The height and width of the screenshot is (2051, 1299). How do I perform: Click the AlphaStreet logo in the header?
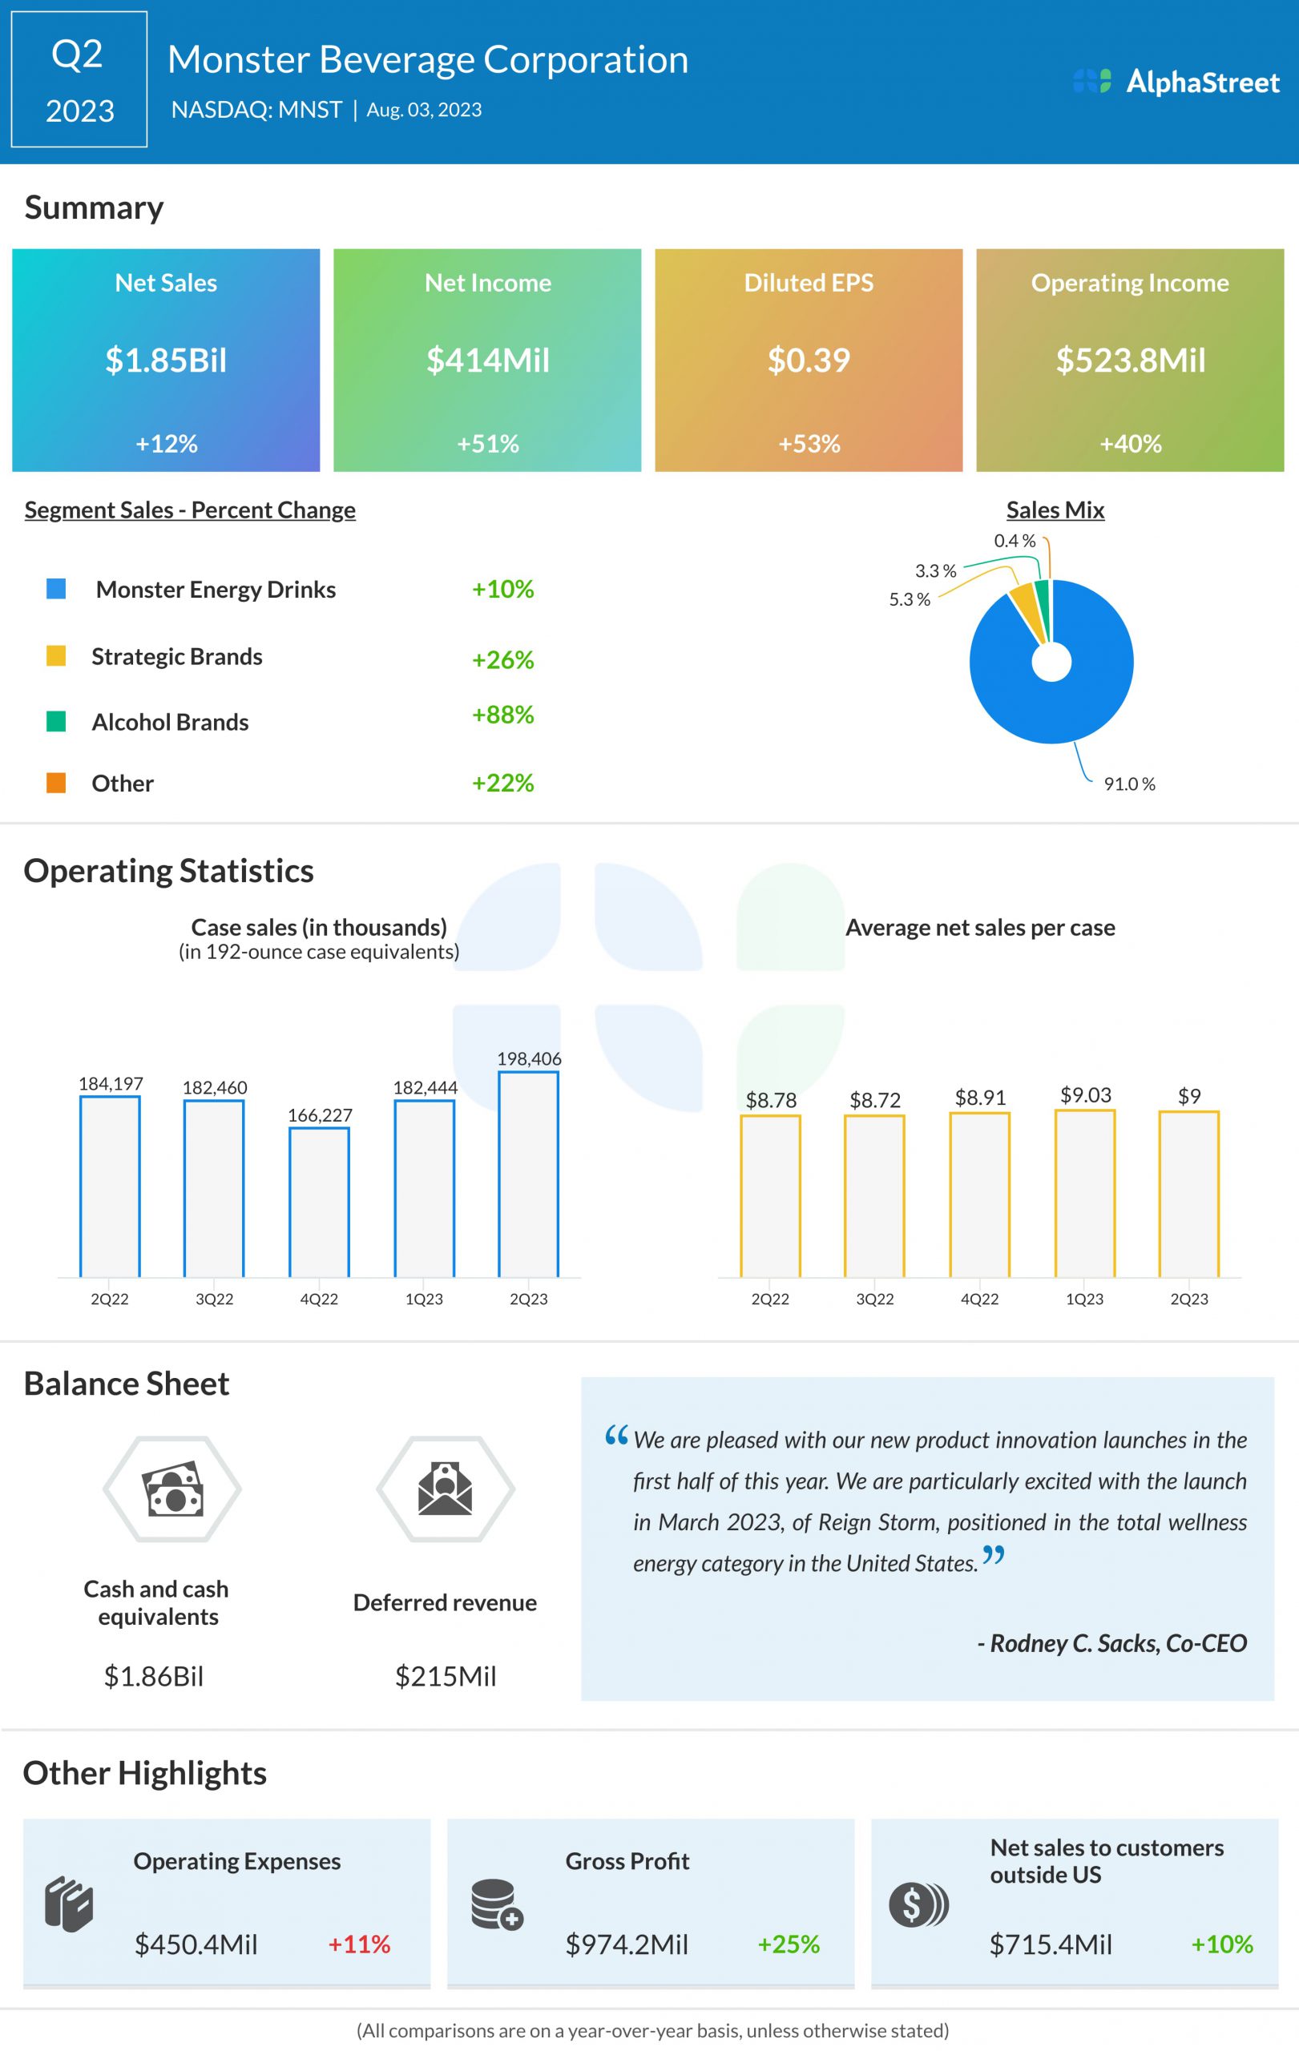point(1176,82)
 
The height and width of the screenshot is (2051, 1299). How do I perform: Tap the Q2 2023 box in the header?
point(79,80)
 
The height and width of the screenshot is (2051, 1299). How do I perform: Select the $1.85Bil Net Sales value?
point(166,361)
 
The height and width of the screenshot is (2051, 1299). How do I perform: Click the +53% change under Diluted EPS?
point(809,444)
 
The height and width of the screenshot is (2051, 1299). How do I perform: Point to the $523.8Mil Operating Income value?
point(1131,361)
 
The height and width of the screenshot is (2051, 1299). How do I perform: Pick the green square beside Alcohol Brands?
point(56,721)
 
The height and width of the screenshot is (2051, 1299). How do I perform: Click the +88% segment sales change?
point(502,715)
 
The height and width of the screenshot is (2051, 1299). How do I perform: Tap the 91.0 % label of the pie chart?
point(1129,784)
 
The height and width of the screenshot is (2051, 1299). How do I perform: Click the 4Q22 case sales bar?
point(320,1202)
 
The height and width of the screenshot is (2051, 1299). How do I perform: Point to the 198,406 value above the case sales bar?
point(529,1058)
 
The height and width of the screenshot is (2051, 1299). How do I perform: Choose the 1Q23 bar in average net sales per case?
point(1084,1193)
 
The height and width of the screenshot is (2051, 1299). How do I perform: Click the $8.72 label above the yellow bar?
point(875,1099)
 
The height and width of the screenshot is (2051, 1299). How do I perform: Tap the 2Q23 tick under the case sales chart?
point(529,1299)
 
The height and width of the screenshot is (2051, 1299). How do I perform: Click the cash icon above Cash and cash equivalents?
point(173,1489)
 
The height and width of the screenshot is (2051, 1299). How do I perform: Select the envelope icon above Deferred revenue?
point(446,1489)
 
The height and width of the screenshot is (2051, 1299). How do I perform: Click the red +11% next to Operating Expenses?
point(360,1944)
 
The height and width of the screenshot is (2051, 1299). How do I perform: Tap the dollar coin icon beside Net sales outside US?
point(918,1905)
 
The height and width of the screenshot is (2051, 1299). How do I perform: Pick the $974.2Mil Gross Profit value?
point(627,1944)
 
